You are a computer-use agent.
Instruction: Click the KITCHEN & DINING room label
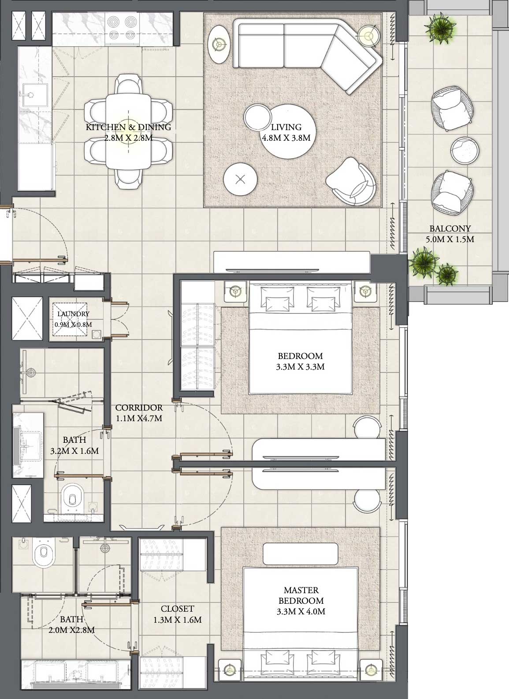[x=128, y=127]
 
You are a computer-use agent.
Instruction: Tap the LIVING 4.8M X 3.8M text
[x=286, y=132]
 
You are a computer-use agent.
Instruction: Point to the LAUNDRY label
[x=73, y=314]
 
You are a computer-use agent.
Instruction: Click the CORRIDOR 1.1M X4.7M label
[x=138, y=413]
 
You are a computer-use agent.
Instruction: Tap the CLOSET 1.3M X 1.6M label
[x=177, y=614]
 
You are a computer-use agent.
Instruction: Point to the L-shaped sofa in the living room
[x=308, y=49]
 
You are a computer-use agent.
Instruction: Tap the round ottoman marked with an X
[x=240, y=179]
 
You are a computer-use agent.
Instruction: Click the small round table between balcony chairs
[x=463, y=150]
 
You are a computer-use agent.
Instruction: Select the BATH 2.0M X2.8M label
[x=71, y=625]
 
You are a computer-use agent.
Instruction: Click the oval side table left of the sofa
[x=219, y=44]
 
